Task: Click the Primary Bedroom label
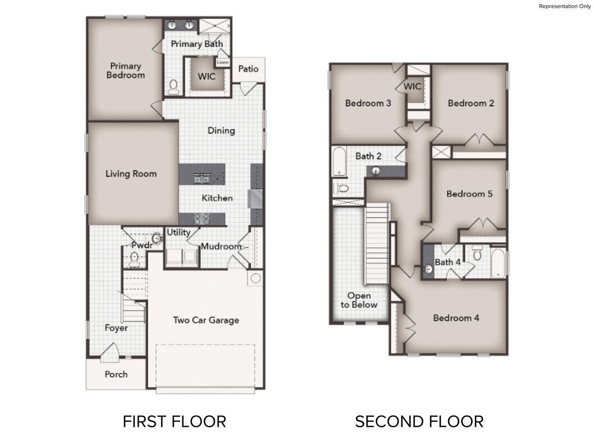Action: (x=125, y=70)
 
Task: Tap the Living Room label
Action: (x=131, y=174)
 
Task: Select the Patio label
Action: (x=248, y=69)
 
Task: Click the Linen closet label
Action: (x=223, y=62)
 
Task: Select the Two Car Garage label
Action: (x=206, y=320)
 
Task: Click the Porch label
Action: (x=116, y=374)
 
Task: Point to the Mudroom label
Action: (x=221, y=247)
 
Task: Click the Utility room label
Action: (x=178, y=232)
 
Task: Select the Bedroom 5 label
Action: (x=469, y=194)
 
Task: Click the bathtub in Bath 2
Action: (x=339, y=162)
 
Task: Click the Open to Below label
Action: (x=359, y=300)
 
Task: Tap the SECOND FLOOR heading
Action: (x=419, y=421)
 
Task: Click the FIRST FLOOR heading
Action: (x=174, y=421)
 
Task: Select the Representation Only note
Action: (x=565, y=6)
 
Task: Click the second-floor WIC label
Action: (x=412, y=86)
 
